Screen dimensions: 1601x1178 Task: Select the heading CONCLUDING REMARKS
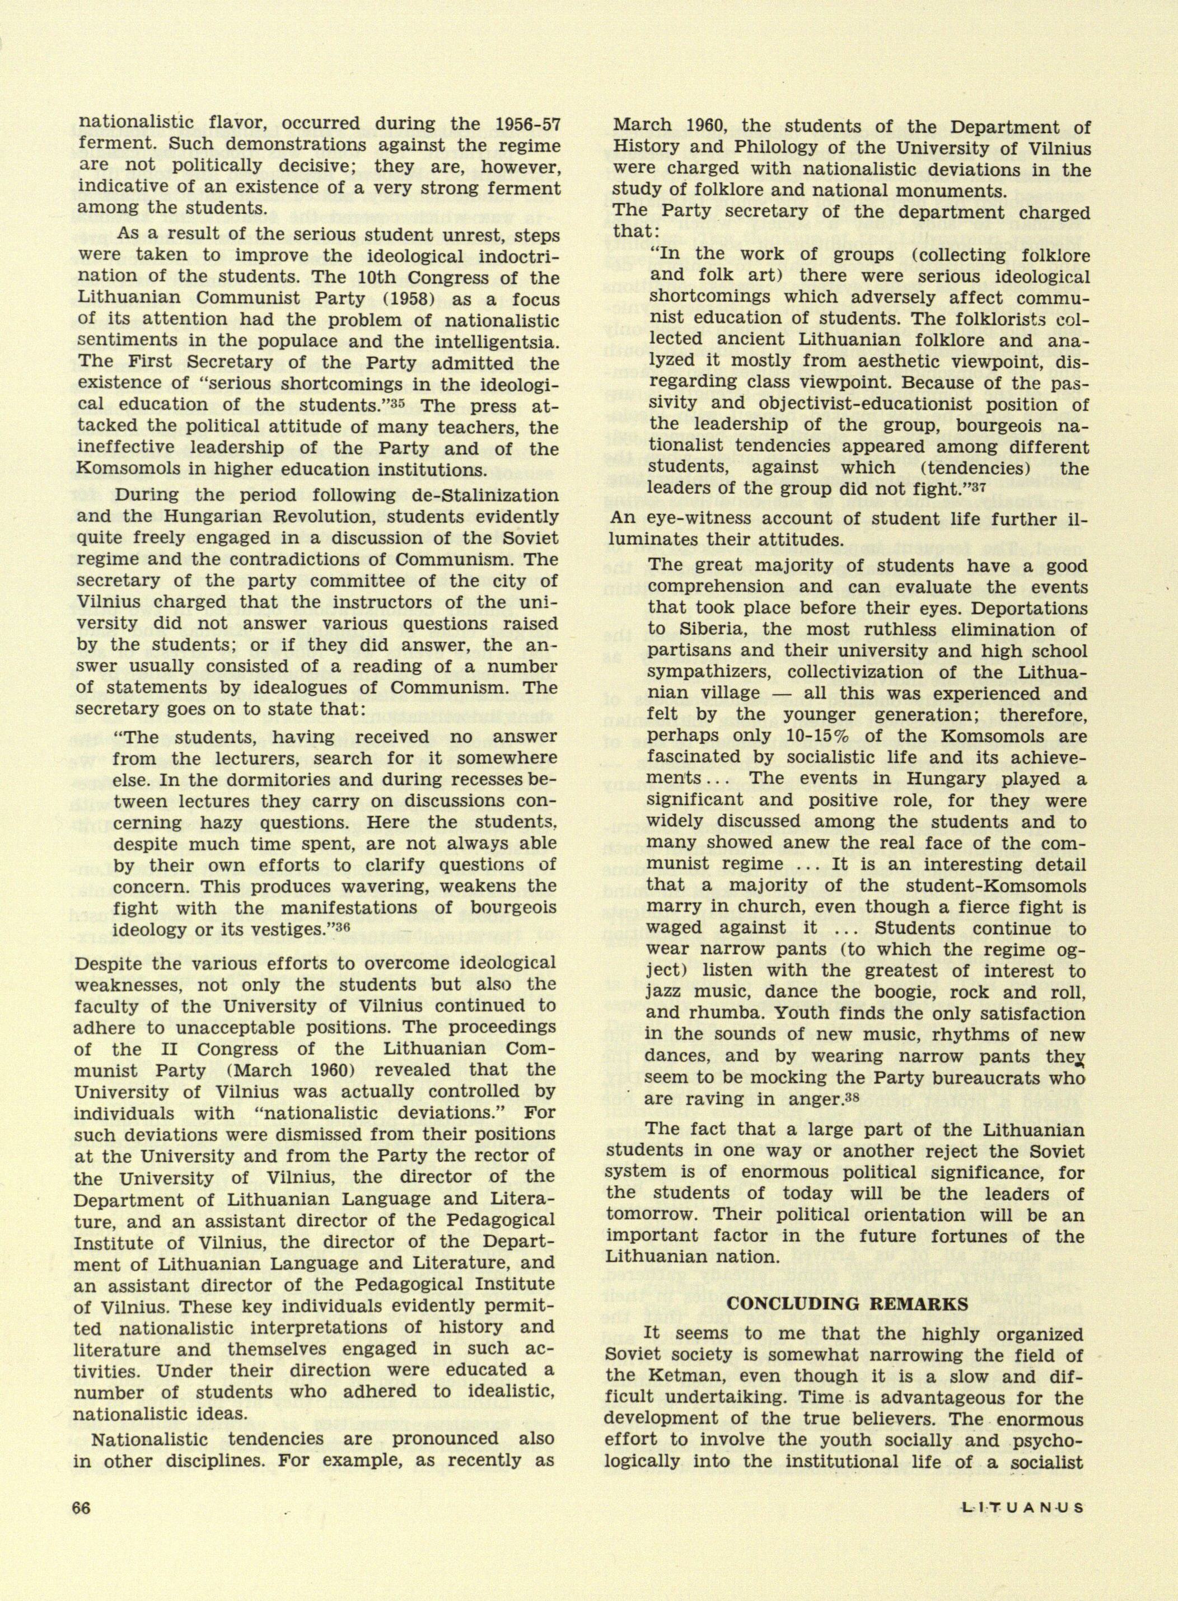tap(847, 1303)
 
